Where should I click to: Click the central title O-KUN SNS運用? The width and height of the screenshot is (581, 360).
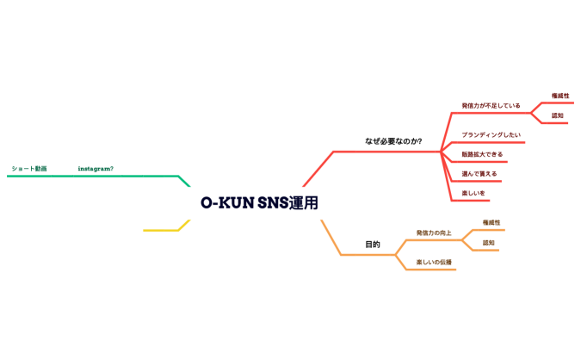(259, 202)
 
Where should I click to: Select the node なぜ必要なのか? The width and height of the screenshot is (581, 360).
(392, 140)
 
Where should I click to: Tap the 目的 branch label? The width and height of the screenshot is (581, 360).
(372, 245)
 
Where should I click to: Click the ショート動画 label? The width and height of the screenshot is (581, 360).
(29, 169)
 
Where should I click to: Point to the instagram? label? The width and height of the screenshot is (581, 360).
(96, 169)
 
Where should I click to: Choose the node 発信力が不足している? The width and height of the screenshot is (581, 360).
(491, 106)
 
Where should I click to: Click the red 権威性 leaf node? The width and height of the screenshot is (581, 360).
(560, 96)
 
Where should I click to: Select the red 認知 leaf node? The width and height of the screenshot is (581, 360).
(558, 115)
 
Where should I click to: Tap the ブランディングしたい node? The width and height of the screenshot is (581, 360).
(491, 135)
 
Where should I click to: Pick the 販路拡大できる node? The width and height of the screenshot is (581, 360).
(482, 154)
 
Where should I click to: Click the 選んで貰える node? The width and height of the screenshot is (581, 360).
(479, 174)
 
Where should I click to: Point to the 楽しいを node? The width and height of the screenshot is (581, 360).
(473, 193)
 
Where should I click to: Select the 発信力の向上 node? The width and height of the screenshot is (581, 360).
(434, 233)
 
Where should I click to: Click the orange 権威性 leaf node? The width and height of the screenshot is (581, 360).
(491, 222)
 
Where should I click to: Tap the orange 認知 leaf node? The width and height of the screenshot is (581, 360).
(489, 243)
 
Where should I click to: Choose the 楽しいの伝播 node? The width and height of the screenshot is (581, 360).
(434, 262)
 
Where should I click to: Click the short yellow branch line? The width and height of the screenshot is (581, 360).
(161, 230)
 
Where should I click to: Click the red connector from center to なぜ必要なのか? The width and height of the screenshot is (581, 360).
(318, 168)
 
